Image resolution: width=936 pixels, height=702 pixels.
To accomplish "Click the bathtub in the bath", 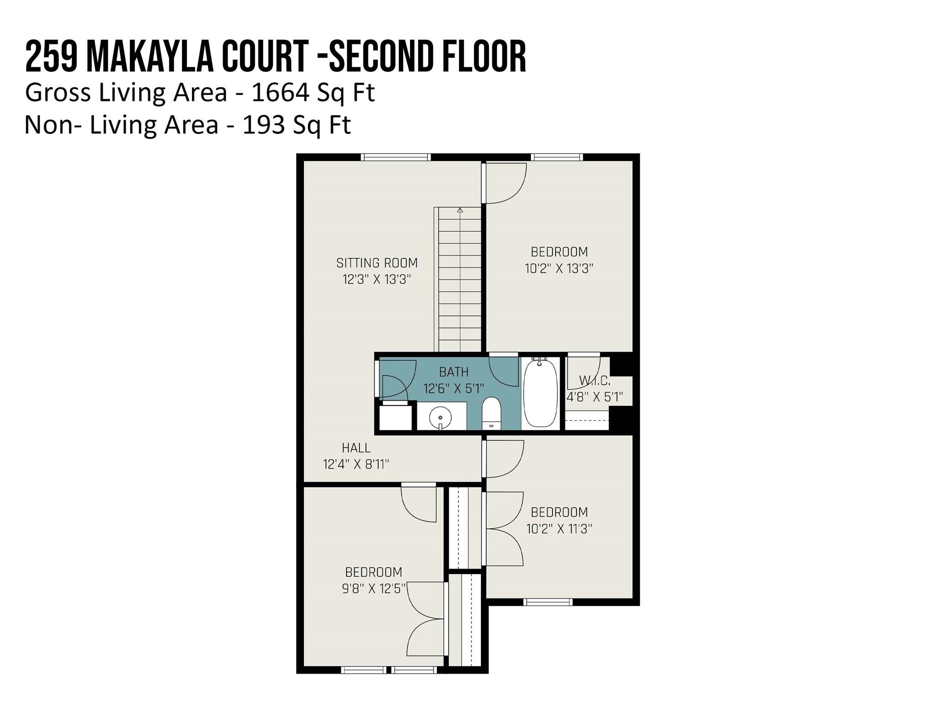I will (x=541, y=393).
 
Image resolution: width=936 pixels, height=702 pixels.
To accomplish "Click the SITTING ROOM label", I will (x=377, y=263).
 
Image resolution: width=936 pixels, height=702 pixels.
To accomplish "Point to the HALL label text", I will (x=356, y=448).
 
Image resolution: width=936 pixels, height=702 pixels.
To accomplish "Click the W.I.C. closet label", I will (x=594, y=380).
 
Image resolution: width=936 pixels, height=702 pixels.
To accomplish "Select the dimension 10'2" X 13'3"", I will (x=559, y=268).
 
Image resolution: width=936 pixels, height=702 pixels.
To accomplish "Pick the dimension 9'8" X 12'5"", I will (x=374, y=589).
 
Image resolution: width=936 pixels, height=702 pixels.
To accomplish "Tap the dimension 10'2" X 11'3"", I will (x=559, y=529).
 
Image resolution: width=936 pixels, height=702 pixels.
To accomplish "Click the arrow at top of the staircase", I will (x=460, y=210).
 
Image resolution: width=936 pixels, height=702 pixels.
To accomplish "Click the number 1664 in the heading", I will (x=280, y=93).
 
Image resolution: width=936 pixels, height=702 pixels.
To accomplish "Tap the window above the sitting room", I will (x=396, y=157).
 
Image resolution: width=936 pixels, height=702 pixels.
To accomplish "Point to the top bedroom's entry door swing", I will (x=505, y=183).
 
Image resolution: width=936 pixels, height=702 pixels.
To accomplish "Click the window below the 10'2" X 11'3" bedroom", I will (x=548, y=602).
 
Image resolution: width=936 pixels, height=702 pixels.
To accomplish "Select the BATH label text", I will (x=453, y=372).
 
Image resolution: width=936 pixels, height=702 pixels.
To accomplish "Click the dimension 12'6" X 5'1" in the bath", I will (x=453, y=388).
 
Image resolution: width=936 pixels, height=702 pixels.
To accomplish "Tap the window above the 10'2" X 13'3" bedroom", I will (x=557, y=157).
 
